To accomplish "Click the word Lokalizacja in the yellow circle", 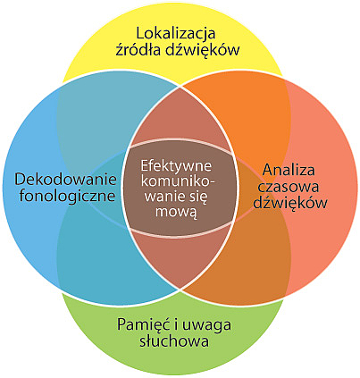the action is (x=176, y=33).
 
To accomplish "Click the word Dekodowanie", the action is (x=66, y=180).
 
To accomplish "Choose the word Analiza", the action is (x=289, y=170).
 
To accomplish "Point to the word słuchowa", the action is (x=174, y=340).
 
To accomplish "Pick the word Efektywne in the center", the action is (x=176, y=166).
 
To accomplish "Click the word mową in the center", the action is (x=177, y=212).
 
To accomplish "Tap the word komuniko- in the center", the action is (x=179, y=181).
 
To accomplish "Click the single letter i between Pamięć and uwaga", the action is (x=176, y=324).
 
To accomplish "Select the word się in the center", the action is (x=198, y=197).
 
